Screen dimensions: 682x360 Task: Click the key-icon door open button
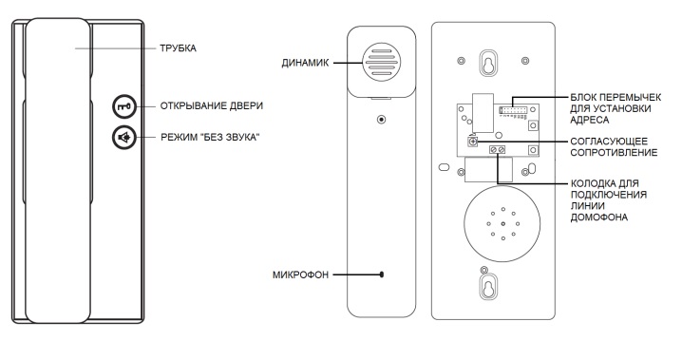(x=124, y=106)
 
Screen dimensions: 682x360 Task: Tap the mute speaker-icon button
(x=124, y=138)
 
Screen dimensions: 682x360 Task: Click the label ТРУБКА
(x=178, y=48)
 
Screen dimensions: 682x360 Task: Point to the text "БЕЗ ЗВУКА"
(x=233, y=138)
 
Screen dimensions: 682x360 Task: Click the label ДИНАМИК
(x=305, y=63)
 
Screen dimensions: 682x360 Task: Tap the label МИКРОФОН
(x=300, y=275)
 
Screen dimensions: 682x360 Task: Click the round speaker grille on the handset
(x=382, y=62)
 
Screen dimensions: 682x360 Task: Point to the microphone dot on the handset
(x=382, y=275)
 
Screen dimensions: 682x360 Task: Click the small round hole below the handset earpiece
(x=382, y=119)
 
